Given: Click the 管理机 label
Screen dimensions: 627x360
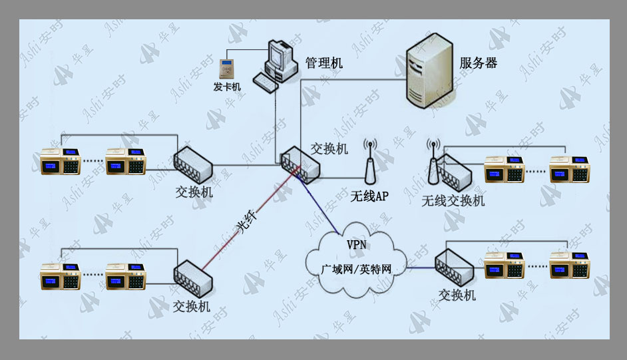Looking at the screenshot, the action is (x=324, y=63).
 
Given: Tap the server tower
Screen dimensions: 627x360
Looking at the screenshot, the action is (x=429, y=71).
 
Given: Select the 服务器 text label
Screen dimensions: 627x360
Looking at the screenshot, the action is (x=479, y=63).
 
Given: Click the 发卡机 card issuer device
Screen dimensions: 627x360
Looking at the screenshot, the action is (x=227, y=69).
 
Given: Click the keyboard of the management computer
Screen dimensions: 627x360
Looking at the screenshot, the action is (x=266, y=83).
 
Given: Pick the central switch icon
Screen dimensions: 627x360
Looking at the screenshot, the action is (x=300, y=164).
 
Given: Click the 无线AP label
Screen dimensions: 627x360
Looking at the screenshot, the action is (x=369, y=196).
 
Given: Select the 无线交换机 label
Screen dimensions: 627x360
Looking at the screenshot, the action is (x=453, y=200).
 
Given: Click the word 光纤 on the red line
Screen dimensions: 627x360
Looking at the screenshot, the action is (x=247, y=222).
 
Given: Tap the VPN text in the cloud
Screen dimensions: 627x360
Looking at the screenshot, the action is (x=356, y=244).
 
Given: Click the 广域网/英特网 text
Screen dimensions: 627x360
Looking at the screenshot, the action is (x=356, y=270).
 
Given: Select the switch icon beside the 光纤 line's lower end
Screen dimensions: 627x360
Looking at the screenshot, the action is (x=193, y=279).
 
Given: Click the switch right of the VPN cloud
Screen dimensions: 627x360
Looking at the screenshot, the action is (x=454, y=268).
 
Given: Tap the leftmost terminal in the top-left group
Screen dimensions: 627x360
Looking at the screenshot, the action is (x=61, y=161).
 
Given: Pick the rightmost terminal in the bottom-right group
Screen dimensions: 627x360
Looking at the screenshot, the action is (x=569, y=265).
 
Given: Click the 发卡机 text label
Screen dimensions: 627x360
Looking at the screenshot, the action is (x=227, y=87).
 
